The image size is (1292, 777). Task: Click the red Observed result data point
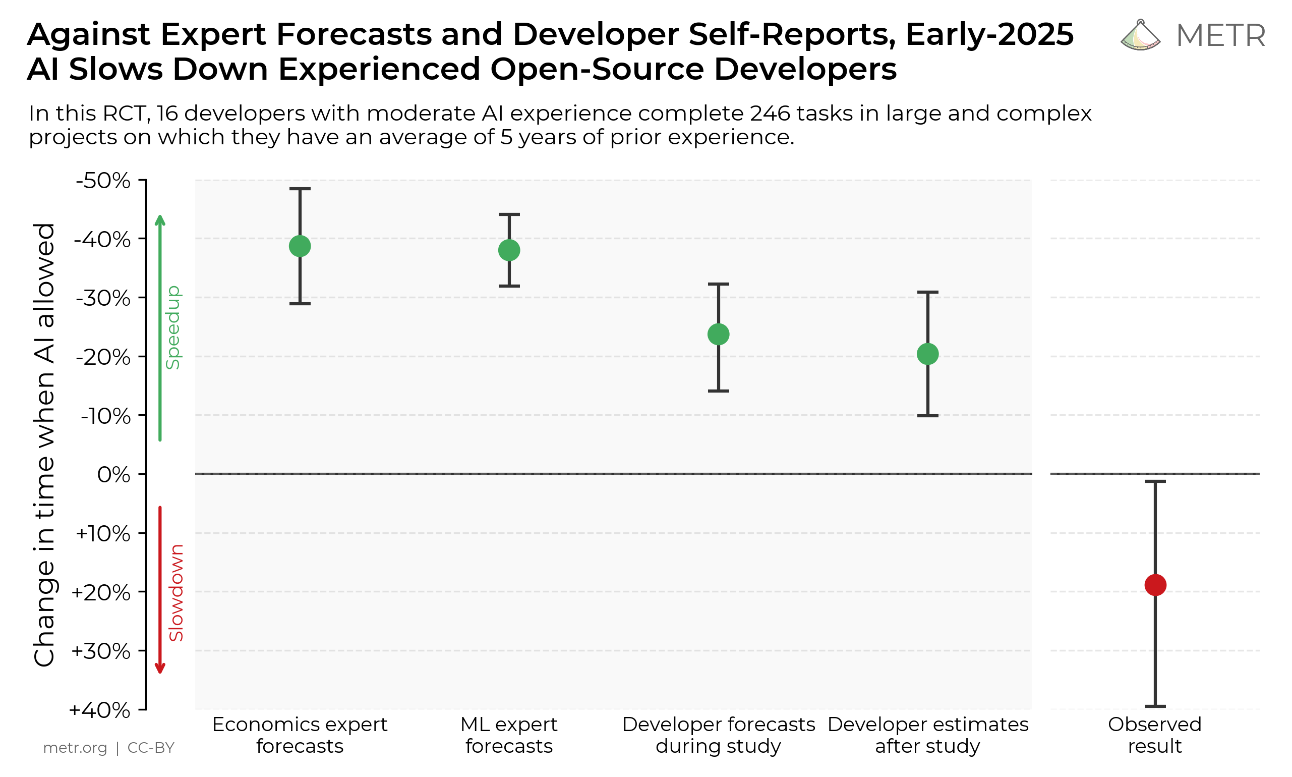(1155, 585)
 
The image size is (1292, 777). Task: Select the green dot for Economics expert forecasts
(300, 246)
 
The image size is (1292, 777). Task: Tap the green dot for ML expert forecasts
(509, 250)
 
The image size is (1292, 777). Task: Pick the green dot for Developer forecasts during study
(719, 334)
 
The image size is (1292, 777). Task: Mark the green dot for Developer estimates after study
(928, 354)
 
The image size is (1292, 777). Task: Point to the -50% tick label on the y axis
(103, 181)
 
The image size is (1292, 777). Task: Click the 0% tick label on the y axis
(113, 475)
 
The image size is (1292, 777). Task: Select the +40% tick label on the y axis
(100, 710)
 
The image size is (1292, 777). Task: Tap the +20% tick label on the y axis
(101, 593)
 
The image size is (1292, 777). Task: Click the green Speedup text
(172, 327)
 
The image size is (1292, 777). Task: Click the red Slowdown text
(177, 593)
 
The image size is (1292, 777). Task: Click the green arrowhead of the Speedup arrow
(160, 220)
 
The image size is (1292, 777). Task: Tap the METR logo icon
(1140, 36)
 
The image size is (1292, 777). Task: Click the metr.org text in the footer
(75, 748)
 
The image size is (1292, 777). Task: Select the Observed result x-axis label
(1155, 735)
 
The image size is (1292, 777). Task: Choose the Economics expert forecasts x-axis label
(300, 735)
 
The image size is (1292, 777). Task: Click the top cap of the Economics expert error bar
(300, 189)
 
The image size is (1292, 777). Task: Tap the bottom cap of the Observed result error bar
(1155, 706)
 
